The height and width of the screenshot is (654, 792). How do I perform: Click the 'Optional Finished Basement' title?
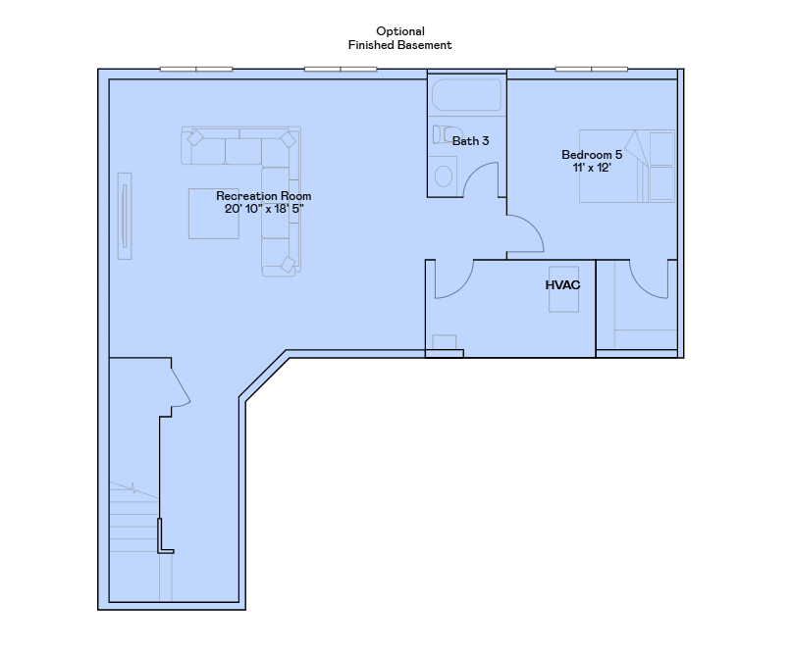(399, 38)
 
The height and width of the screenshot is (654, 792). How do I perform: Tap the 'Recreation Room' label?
(264, 196)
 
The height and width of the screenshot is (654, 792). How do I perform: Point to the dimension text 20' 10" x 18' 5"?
(264, 209)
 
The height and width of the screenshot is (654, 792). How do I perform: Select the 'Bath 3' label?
(470, 141)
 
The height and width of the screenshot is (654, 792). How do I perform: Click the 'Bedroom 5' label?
(592, 154)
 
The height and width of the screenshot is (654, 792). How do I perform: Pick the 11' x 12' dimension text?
(592, 168)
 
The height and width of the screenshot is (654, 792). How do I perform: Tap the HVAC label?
(562, 285)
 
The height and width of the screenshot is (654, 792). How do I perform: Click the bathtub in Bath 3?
(467, 95)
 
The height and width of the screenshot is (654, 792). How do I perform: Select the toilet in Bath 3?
(447, 134)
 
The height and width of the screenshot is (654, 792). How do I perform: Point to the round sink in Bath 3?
(443, 176)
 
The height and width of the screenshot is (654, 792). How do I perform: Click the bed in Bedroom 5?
(627, 166)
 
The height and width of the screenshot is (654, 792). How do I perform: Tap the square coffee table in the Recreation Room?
(214, 214)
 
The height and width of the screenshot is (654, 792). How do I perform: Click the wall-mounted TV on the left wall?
(125, 216)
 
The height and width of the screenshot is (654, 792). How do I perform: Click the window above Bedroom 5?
(592, 70)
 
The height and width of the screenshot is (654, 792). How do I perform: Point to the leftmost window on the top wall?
(196, 70)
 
